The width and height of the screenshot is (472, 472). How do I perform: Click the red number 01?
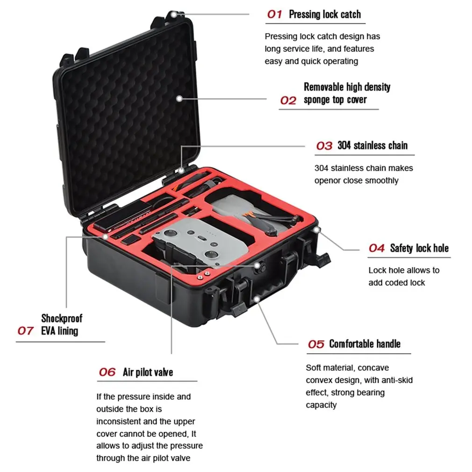click(274, 14)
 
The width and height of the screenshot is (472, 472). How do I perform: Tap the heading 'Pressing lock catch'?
click(325, 14)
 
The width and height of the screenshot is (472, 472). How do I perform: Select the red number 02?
click(288, 100)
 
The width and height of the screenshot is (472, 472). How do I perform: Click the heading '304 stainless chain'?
click(372, 145)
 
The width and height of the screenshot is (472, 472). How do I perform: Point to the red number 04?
click(377, 248)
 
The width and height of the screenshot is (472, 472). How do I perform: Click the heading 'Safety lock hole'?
click(419, 248)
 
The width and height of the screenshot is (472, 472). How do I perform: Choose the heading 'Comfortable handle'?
click(365, 344)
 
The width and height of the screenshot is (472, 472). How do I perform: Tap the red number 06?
click(107, 372)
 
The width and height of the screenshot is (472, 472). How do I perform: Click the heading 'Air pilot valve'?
click(148, 372)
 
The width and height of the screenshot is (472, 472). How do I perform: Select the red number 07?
click(25, 331)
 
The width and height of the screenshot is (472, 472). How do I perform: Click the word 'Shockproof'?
click(62, 318)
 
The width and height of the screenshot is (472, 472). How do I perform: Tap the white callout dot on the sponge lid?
click(179, 99)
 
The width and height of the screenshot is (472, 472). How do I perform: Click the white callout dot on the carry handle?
click(257, 299)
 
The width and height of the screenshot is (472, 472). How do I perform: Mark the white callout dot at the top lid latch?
click(174, 14)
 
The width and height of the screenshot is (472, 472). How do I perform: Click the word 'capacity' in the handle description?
click(321, 405)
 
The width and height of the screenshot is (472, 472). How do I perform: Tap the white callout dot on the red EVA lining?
click(105, 236)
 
